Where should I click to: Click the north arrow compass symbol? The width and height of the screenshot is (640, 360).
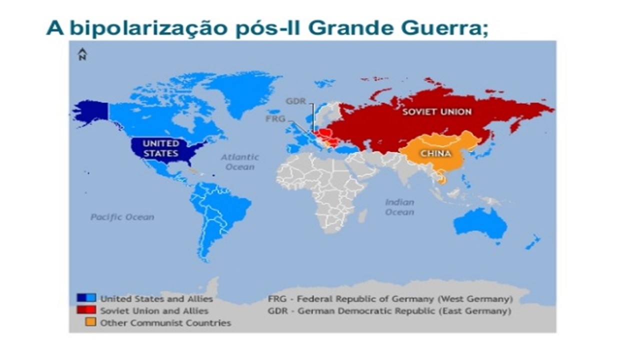[x=82, y=54]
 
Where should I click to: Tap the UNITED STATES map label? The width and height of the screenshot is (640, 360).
[x=161, y=148]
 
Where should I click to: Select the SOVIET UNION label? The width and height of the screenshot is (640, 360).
[x=437, y=111]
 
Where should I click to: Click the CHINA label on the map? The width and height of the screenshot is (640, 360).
[x=435, y=153]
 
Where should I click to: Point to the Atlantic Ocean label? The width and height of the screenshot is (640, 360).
[x=240, y=161]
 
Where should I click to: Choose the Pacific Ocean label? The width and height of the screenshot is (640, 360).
[x=122, y=217]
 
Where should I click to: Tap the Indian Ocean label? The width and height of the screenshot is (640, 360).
[x=399, y=207]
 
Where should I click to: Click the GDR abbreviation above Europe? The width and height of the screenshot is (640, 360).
[x=295, y=101]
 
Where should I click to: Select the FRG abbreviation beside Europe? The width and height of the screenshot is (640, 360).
[x=275, y=118]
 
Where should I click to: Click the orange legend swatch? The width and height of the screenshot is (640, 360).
[x=90, y=322]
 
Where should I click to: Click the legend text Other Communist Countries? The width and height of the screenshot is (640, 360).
[x=165, y=322]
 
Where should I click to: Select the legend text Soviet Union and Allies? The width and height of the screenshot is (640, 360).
[x=154, y=310]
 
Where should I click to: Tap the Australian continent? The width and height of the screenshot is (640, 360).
[x=480, y=223]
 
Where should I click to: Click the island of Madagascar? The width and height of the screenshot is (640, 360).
[x=363, y=215]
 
